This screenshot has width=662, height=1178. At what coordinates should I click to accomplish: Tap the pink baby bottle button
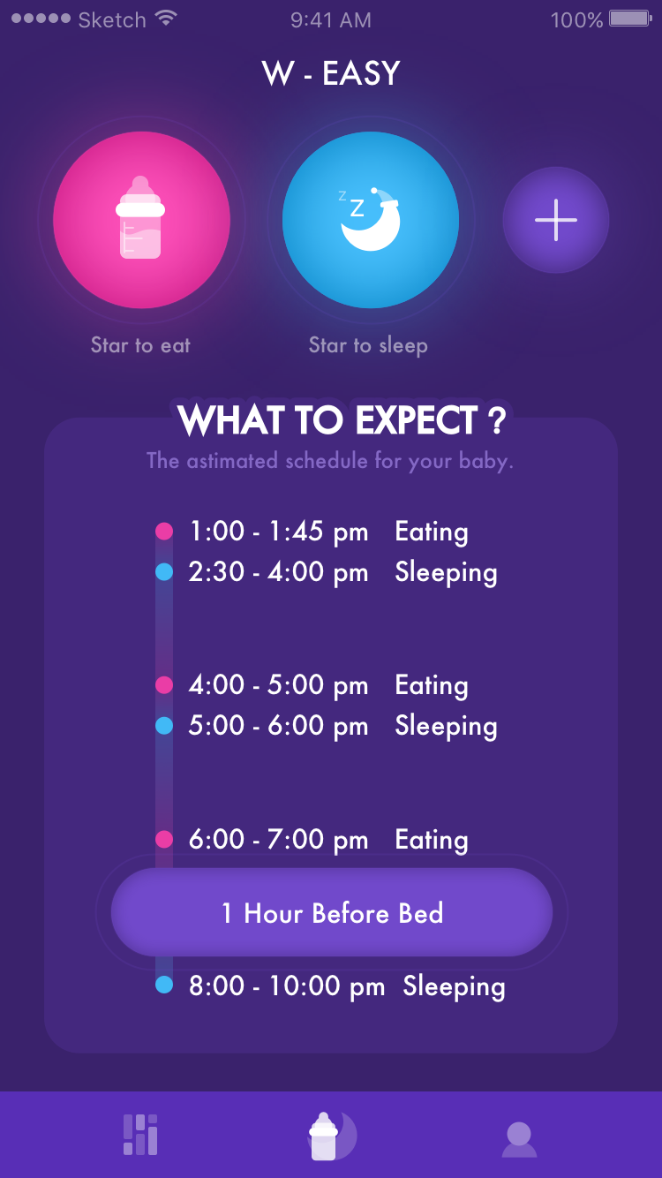pyautogui.click(x=141, y=220)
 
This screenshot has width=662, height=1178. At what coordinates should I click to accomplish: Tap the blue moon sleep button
pyautogui.click(x=371, y=220)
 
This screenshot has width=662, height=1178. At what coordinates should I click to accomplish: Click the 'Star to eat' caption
pyautogui.click(x=140, y=345)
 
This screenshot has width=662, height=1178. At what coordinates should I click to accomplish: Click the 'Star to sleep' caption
pyautogui.click(x=368, y=345)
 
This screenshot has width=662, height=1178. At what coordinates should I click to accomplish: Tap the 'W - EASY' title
pyautogui.click(x=331, y=73)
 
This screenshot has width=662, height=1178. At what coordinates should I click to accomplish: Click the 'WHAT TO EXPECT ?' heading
pyautogui.click(x=342, y=421)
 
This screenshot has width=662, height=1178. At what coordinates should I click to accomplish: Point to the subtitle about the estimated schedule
pyautogui.click(x=330, y=461)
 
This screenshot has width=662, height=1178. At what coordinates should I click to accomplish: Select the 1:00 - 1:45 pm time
pyautogui.click(x=278, y=532)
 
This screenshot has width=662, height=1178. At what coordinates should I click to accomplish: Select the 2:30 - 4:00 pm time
pyautogui.click(x=278, y=572)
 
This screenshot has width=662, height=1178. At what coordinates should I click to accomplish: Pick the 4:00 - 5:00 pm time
pyautogui.click(x=278, y=685)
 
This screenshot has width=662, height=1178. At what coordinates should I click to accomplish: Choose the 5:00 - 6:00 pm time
pyautogui.click(x=278, y=726)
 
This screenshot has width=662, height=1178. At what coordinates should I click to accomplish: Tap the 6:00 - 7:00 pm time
pyautogui.click(x=278, y=839)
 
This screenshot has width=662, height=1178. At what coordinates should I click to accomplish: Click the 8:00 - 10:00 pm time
pyautogui.click(x=287, y=986)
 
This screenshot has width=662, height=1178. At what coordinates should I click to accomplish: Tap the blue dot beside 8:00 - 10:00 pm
pyautogui.click(x=164, y=985)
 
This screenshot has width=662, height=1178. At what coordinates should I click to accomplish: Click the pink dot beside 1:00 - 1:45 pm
pyautogui.click(x=164, y=531)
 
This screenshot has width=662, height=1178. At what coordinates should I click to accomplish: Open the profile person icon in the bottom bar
pyautogui.click(x=519, y=1138)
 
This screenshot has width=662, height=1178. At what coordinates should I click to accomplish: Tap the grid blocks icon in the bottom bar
pyautogui.click(x=140, y=1135)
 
